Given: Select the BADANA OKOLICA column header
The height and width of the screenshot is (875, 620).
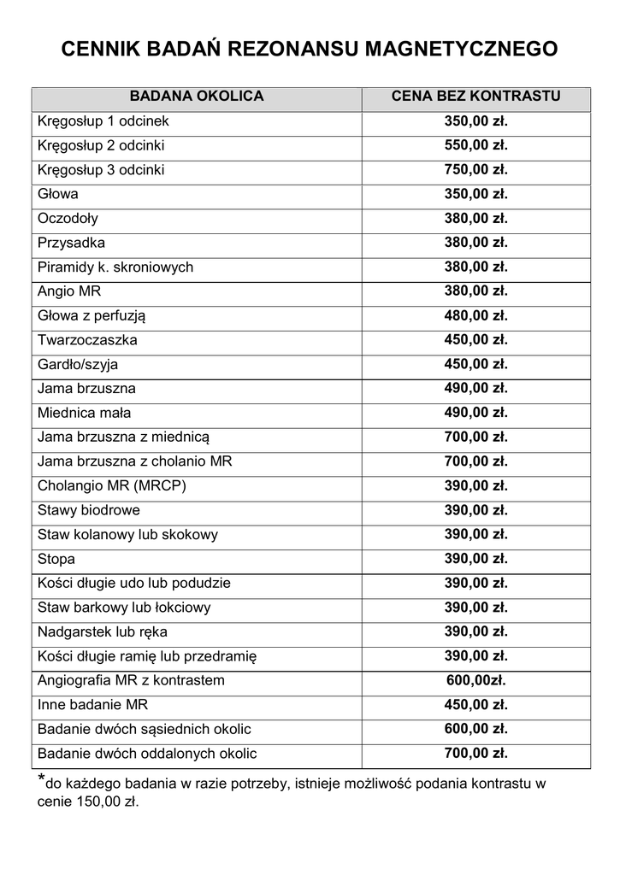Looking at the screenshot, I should [196, 97].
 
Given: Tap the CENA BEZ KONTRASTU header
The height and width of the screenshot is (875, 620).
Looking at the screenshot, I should [475, 97].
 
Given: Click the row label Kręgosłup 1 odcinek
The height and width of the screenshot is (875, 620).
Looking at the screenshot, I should [103, 121].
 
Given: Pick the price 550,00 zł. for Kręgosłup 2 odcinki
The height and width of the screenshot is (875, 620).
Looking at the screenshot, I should [475, 145].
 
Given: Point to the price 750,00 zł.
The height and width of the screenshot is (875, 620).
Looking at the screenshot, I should [475, 170].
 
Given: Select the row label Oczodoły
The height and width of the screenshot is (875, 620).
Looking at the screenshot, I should [68, 219].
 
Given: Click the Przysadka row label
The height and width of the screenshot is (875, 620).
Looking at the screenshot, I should [72, 243].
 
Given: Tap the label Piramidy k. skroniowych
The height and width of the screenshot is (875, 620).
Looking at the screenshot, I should [115, 267].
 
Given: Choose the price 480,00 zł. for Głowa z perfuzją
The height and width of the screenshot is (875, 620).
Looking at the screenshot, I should [475, 316].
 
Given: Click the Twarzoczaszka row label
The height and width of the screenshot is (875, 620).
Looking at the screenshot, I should [87, 340].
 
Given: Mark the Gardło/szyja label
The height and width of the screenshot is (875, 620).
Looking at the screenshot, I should [78, 365].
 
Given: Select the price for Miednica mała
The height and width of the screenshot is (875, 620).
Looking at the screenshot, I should [475, 414].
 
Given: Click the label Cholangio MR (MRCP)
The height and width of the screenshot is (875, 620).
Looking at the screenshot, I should [112, 486].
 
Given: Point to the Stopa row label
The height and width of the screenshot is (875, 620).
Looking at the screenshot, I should [56, 560].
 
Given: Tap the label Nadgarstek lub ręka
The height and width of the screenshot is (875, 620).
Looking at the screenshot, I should [103, 632].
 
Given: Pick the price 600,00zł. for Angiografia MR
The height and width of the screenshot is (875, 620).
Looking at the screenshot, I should [475, 681].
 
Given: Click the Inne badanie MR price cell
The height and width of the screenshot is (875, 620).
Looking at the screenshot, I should [475, 705].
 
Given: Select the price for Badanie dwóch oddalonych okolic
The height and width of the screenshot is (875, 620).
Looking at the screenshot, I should [475, 754].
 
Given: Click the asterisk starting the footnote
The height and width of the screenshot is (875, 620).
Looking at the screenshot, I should [41, 779].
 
